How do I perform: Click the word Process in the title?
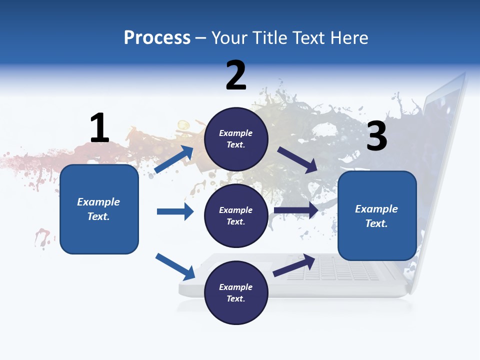[157, 37]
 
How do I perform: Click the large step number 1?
[99, 128]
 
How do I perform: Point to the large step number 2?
[236, 75]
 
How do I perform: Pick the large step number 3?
[376, 136]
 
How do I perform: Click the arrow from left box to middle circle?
[175, 211]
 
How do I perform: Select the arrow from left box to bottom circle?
[175, 266]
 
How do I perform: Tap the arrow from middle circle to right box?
[295, 210]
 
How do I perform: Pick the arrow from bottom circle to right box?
[294, 265]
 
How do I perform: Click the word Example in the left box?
[98, 202]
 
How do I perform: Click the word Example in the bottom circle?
[235, 287]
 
